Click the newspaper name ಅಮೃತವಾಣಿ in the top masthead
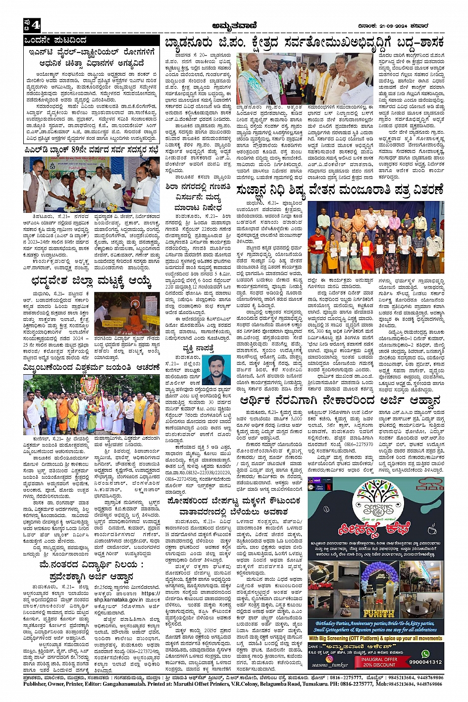click(x=234, y=26)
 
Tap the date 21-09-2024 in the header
click(x=400, y=26)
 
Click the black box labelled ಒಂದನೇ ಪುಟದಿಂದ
click(x=57, y=40)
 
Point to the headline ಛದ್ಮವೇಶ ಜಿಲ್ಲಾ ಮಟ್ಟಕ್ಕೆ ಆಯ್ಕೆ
click(x=91, y=283)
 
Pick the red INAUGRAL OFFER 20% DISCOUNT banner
click(x=379, y=662)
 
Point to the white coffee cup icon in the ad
click(x=431, y=529)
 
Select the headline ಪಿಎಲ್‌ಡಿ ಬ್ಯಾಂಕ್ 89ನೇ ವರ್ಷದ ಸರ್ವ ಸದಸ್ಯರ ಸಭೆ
click(x=91, y=150)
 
